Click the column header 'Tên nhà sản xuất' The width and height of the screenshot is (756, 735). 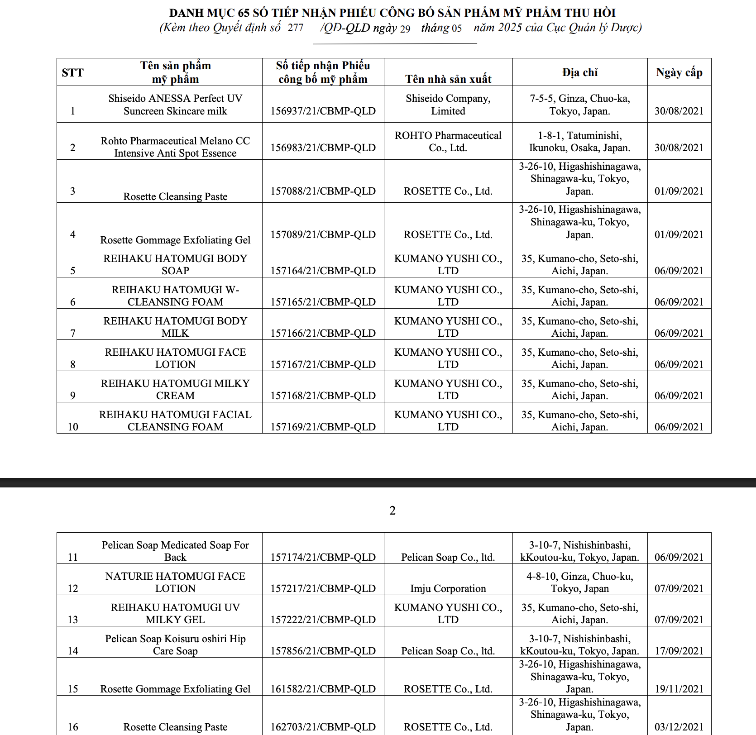[448, 79]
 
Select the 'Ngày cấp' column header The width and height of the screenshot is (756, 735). [679, 72]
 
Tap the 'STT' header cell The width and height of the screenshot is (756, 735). [72, 72]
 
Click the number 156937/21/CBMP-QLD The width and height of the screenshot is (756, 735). [323, 111]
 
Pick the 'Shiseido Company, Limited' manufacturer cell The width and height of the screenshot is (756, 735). [448, 105]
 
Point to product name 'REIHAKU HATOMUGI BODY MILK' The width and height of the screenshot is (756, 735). [175, 327]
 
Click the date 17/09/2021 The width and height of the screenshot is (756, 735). [679, 651]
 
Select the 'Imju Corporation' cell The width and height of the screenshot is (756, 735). [448, 588]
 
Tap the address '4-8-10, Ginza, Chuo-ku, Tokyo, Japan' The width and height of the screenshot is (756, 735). [580, 582]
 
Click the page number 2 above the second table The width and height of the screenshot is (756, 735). [392, 511]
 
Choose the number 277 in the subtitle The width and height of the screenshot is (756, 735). [296, 28]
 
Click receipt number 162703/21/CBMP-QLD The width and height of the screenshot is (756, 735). [323, 727]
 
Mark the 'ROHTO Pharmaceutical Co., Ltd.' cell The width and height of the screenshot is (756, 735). [448, 142]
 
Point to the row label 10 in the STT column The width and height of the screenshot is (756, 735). [72, 427]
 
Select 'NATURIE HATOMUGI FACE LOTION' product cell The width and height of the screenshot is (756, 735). [175, 582]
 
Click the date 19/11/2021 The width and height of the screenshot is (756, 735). [679, 689]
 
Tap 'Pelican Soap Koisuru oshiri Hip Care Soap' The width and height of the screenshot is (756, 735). [175, 644]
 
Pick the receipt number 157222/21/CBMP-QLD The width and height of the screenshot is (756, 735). [323, 620]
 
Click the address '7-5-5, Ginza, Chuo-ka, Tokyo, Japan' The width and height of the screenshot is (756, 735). [580, 105]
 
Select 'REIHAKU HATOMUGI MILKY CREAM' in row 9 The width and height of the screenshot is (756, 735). [175, 389]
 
